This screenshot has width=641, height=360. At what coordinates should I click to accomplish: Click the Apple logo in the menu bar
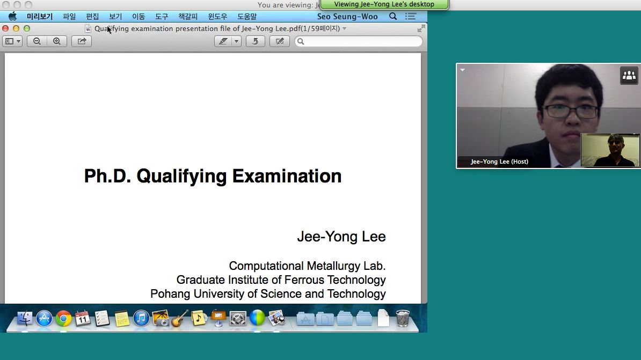click(x=13, y=16)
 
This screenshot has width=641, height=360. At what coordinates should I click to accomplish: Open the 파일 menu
click(x=69, y=16)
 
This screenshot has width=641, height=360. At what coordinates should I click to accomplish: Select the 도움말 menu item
click(x=247, y=16)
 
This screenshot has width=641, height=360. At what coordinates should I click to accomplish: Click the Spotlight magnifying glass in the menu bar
click(x=393, y=16)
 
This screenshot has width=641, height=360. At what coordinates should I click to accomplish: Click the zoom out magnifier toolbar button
click(x=37, y=41)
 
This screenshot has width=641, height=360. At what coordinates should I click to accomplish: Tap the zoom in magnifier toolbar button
click(x=57, y=41)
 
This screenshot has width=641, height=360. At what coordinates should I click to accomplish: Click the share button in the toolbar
click(x=82, y=41)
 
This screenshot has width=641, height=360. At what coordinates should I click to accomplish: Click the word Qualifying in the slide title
click(x=181, y=176)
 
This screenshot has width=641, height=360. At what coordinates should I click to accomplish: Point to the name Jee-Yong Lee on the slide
click(x=341, y=237)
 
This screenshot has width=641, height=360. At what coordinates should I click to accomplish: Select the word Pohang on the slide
click(x=171, y=294)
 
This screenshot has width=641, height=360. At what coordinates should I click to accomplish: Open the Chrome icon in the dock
click(x=63, y=318)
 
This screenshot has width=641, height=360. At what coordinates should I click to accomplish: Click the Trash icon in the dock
click(x=403, y=318)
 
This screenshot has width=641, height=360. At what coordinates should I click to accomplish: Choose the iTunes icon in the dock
click(x=141, y=318)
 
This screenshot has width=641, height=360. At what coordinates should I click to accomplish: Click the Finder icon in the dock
click(x=25, y=318)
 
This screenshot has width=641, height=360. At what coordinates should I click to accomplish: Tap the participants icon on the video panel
click(x=629, y=76)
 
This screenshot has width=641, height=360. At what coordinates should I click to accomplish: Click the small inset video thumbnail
click(x=610, y=150)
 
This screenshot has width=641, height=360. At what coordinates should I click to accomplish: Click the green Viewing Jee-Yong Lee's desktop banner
click(x=384, y=4)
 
